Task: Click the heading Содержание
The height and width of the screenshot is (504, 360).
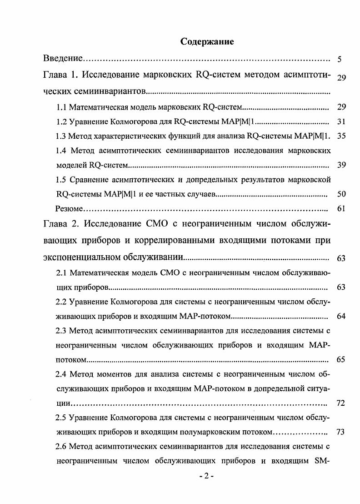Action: coord(207,42)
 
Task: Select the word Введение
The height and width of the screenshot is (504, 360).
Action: coord(63,59)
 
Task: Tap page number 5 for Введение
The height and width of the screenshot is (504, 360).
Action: coord(340,60)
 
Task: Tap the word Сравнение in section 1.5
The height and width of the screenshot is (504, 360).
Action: coord(90,180)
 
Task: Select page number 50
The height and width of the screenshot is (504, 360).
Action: coord(341,194)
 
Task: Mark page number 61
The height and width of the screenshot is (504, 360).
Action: coord(341,209)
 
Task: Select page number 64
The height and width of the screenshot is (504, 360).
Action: coord(341,316)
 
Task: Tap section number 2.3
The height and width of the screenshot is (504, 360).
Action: coord(62,330)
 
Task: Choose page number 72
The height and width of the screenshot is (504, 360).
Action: coord(341,403)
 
